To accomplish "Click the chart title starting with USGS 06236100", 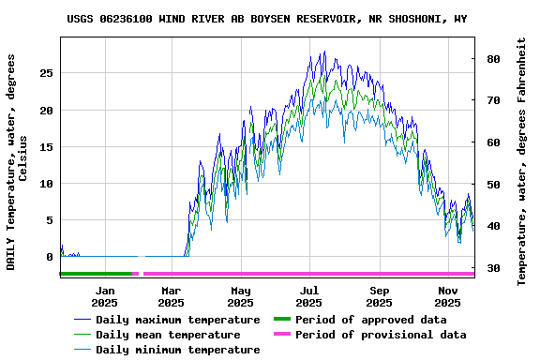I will pos(267,19).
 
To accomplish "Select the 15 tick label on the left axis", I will pos(47,147).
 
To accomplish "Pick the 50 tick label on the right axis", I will pos(491,184).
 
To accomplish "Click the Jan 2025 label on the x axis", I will pos(105,296).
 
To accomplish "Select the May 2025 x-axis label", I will pos(241,296).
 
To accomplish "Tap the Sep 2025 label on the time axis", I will pos(380,296).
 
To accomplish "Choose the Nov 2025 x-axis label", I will pos(448,296).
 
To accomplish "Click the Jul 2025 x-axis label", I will pos(309,296).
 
